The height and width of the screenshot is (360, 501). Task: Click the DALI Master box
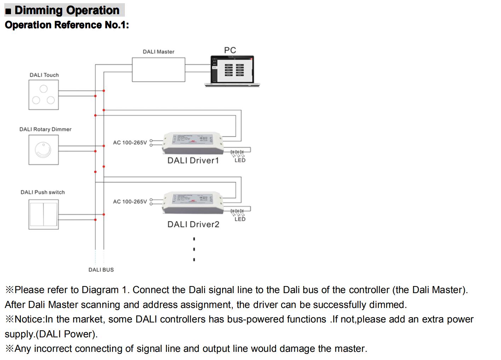point(158,70)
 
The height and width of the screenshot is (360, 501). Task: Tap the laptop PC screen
point(232,69)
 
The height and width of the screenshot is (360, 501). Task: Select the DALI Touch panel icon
point(44,95)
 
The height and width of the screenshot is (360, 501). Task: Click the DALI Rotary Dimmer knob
point(43,150)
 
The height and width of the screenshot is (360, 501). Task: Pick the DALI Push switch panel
point(44,215)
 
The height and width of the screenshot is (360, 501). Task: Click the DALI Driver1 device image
point(192,143)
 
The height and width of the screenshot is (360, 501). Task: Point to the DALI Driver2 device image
point(192,203)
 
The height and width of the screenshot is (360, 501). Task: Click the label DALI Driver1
point(193,161)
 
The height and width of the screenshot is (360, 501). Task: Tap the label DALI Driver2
point(193,224)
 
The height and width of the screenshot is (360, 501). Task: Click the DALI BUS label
point(101,270)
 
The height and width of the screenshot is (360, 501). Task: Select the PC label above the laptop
point(230,50)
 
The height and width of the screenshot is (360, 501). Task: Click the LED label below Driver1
point(240,160)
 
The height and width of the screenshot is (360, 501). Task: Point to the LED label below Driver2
point(240,219)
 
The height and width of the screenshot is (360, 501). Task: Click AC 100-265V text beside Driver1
point(130,143)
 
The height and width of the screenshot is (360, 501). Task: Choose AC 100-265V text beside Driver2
point(130,202)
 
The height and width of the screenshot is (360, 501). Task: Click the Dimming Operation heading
point(67,10)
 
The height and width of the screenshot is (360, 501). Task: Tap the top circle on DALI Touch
point(44,88)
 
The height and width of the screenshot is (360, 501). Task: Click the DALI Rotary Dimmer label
point(45,130)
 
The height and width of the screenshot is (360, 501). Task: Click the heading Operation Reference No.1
point(67,25)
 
